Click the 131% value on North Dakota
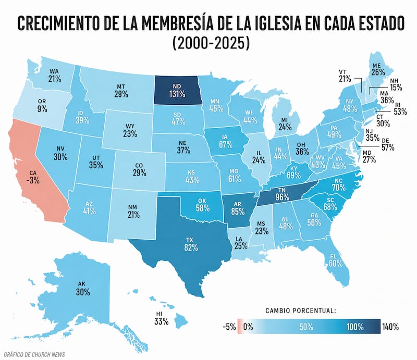[177, 94]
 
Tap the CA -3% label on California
[33, 177]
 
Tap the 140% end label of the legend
[390, 327]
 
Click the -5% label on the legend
[229, 327]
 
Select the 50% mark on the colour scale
[306, 327]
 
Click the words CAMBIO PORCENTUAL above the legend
[301, 311]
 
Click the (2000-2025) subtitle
[211, 43]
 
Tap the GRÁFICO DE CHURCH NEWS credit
[34, 354]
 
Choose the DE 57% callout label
[388, 144]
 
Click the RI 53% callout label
[400, 109]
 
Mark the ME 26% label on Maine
[378, 69]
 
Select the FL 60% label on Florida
[336, 260]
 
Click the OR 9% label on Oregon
[42, 106]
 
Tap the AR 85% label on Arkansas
[238, 208]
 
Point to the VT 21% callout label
[345, 76]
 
